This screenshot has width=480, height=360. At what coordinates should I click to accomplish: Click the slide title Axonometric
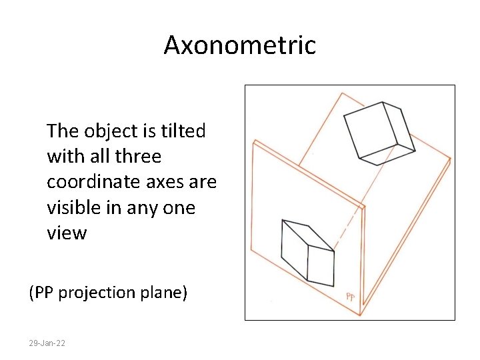239,46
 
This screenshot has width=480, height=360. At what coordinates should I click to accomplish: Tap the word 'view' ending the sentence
67,233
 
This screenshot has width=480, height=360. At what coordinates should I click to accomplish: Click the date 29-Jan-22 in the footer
47,343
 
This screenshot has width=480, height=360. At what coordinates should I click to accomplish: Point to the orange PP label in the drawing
350,297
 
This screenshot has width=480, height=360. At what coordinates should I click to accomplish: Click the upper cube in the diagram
379,133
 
